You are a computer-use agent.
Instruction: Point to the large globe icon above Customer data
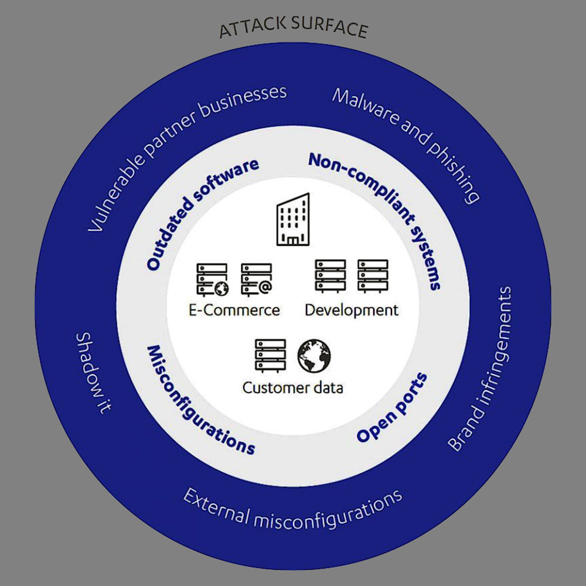pyautogui.click(x=314, y=356)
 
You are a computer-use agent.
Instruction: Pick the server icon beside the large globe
pyautogui.click(x=270, y=355)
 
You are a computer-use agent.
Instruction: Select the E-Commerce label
pyautogui.click(x=234, y=309)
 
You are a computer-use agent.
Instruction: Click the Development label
pyautogui.click(x=352, y=309)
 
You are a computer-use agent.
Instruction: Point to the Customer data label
pyautogui.click(x=292, y=387)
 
